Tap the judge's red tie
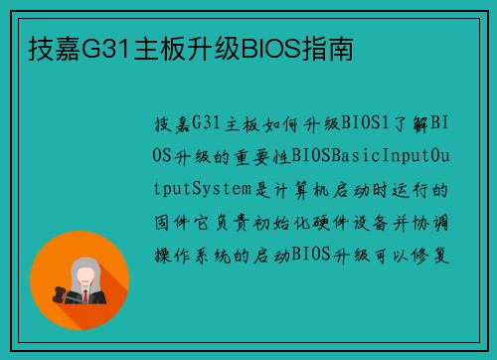[87, 294]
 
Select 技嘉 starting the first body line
[172, 123]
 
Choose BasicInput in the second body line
[373, 156]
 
